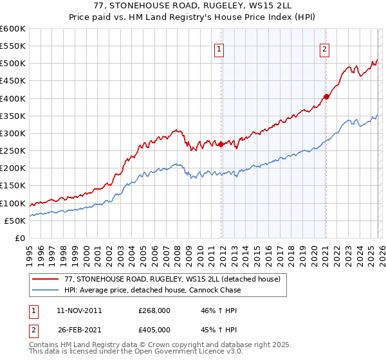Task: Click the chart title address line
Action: (193, 6)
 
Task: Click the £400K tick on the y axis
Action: (13, 98)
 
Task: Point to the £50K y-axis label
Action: (15, 221)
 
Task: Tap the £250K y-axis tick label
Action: (13, 150)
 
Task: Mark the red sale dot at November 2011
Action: (221, 144)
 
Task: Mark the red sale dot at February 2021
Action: (326, 96)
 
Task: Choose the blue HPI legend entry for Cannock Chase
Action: (152, 290)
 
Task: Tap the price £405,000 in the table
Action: (154, 329)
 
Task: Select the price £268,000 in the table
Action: (154, 310)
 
